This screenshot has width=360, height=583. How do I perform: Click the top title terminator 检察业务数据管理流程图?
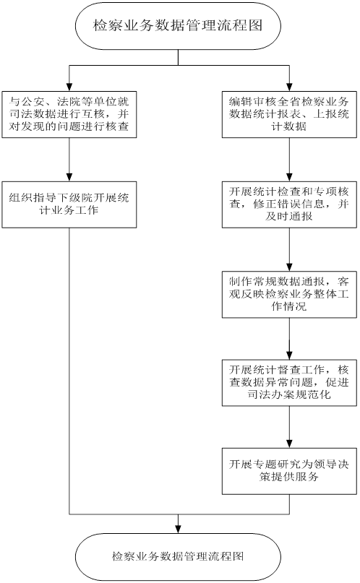(x=179, y=27)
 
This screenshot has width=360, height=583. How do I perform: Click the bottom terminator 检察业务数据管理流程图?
(x=179, y=556)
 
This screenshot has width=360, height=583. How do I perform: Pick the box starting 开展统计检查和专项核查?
(x=288, y=204)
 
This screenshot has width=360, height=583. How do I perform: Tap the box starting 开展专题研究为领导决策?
(x=288, y=470)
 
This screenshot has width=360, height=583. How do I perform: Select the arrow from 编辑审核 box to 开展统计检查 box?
(x=288, y=159)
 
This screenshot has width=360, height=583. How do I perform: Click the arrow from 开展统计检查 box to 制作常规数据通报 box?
(x=288, y=249)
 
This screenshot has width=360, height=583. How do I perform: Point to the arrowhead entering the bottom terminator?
(x=179, y=527)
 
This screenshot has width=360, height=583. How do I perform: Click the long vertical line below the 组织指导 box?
(x=69, y=361)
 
